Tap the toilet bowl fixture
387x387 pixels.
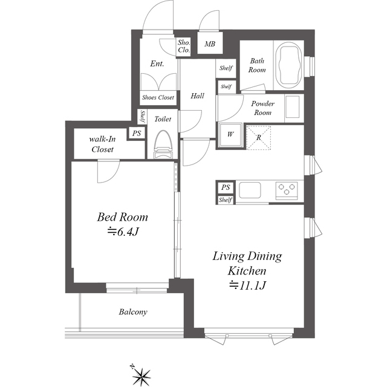pos(163,145)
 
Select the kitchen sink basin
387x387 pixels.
pos(250,190)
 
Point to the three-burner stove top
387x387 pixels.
pos(287,189)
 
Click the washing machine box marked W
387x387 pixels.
pos(230,135)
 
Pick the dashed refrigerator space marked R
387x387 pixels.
pos(258,137)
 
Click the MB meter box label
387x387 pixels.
pos(210,44)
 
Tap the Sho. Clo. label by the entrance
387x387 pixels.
pos(184,47)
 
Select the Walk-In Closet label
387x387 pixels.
pos(102,144)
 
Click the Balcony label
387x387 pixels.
pos(133,312)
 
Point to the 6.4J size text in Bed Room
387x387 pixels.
pos(122,232)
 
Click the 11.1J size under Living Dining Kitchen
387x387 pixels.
pos(247,285)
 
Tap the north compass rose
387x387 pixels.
pos(141,376)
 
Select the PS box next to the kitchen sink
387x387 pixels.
pos(226,187)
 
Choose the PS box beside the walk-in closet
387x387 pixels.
pos(137,133)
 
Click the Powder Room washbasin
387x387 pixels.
pos(292,107)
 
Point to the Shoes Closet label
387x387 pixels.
pos(158,97)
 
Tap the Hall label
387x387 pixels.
pos(197,96)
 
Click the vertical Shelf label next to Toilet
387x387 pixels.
pos(143,117)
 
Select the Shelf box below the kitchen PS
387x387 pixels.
pos(226,200)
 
